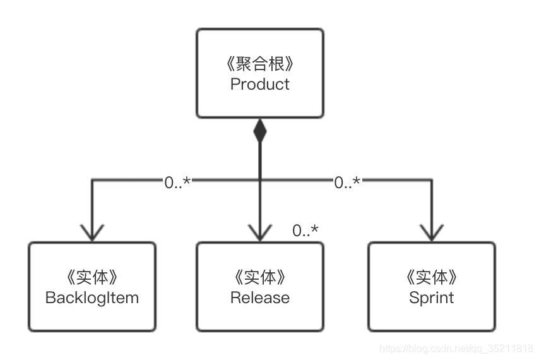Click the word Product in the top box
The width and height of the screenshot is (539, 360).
[259, 84]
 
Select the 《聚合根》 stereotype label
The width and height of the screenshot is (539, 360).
[259, 64]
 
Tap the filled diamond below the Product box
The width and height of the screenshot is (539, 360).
[259, 131]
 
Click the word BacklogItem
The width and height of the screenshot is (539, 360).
[92, 297]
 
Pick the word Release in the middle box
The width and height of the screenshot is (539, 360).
[259, 297]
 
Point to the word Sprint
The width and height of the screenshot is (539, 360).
[431, 297]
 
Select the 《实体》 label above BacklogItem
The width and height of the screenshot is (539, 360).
[92, 278]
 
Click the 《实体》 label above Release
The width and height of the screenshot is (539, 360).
[259, 278]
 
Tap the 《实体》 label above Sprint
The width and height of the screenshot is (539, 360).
[431, 278]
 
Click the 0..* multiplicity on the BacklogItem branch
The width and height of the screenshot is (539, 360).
[177, 183]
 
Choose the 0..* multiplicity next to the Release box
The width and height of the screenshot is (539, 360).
[305, 231]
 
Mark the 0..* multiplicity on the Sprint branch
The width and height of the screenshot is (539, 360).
[347, 183]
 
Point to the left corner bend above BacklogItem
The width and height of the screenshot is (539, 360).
[92, 181]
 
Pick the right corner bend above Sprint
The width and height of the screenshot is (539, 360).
[431, 181]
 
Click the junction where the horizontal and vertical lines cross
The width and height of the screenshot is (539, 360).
[259, 181]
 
